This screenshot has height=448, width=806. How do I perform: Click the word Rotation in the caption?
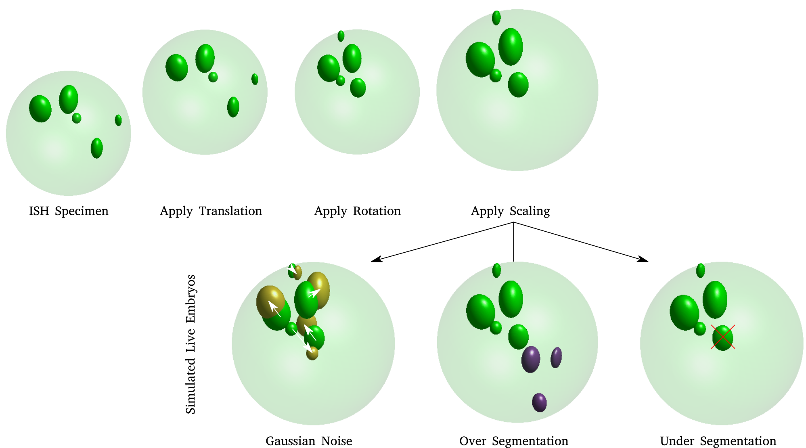click(x=377, y=211)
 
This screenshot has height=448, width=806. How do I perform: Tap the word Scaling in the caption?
click(x=530, y=211)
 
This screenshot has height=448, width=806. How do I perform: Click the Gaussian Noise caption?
click(x=309, y=441)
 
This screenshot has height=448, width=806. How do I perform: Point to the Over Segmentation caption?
click(x=513, y=441)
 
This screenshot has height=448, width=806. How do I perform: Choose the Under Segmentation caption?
click(x=718, y=441)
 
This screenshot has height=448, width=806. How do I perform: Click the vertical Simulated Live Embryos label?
click(x=191, y=344)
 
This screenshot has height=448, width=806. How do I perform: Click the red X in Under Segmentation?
click(x=723, y=337)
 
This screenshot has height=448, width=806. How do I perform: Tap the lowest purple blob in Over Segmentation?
click(x=539, y=402)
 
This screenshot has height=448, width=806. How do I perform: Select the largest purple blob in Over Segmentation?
click(x=531, y=359)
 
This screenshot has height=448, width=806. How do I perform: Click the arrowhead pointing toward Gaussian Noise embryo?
click(x=375, y=260)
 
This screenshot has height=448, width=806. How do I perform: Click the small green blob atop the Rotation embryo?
click(x=341, y=36)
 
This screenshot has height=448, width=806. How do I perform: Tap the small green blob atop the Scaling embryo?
click(x=496, y=18)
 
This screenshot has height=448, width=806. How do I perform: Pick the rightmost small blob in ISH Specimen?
click(x=118, y=120)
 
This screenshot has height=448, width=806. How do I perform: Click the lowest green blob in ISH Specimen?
click(x=97, y=148)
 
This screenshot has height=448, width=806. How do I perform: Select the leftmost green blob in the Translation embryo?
click(x=177, y=67)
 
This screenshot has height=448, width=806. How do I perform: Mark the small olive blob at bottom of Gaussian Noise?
click(x=312, y=353)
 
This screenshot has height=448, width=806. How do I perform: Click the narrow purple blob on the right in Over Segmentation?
click(x=556, y=357)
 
